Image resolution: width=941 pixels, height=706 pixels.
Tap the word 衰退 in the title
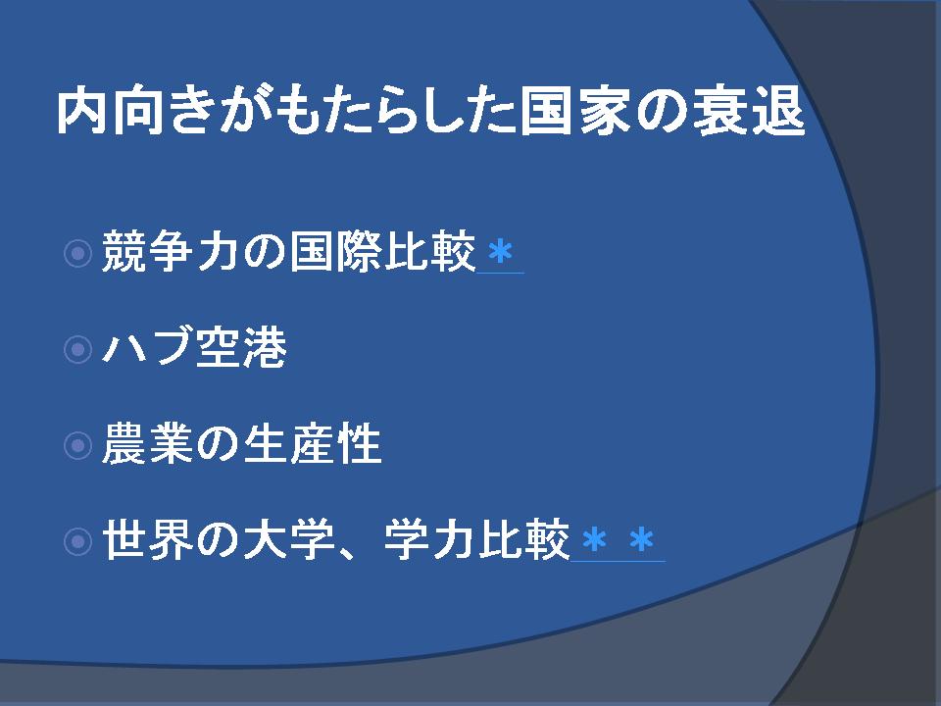point(748,112)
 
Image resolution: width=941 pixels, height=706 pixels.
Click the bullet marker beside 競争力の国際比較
point(77,253)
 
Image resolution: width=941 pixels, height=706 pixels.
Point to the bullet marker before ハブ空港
point(77,349)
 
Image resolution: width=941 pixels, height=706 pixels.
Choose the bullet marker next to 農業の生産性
point(77,445)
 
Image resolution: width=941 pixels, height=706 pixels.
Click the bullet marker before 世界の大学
point(77,541)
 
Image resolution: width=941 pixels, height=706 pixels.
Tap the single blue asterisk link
point(501,253)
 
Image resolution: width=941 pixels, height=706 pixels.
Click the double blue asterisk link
point(618,539)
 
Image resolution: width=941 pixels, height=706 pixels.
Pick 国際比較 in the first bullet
point(382,252)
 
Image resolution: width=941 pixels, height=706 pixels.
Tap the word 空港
point(241,347)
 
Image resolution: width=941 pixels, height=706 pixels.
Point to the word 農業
point(148,443)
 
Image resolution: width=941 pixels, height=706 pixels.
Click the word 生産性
point(312,443)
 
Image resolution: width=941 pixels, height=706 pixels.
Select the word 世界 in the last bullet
point(148,539)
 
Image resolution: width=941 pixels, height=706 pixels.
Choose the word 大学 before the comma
point(288,539)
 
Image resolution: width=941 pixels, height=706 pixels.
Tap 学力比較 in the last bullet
point(476,539)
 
